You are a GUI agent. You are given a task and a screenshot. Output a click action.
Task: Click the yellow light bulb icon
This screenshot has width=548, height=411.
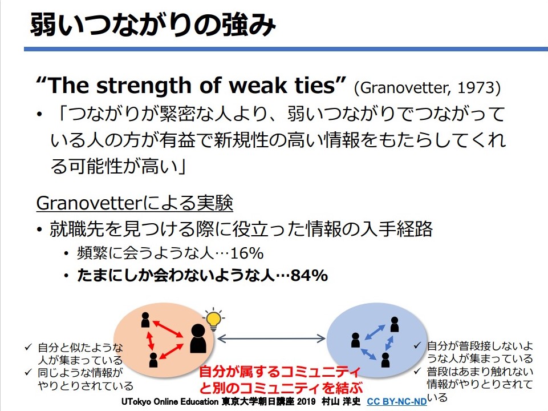pos(213,319)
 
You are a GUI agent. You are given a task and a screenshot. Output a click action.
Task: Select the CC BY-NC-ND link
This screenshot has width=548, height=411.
pos(397,401)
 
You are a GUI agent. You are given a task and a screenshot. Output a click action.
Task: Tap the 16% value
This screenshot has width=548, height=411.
pos(247,253)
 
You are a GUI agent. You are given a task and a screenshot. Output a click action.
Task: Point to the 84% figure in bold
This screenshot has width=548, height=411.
pos(309,276)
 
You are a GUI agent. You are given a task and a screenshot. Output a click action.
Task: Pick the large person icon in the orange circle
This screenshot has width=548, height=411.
pos(198,339)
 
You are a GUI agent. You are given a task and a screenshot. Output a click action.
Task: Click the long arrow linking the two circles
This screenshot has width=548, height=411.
pos(271,339)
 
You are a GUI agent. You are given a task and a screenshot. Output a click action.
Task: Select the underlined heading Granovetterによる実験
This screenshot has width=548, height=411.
pos(135,203)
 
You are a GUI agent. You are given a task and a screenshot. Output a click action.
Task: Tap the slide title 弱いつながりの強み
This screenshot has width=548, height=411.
pos(153,25)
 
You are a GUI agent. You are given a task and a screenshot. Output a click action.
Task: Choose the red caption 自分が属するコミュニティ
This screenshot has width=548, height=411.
pos(280,372)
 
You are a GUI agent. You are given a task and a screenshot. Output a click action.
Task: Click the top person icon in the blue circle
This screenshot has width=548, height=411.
pos(395,324)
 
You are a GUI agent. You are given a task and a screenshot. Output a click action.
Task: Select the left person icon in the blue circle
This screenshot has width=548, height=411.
pos(355,340)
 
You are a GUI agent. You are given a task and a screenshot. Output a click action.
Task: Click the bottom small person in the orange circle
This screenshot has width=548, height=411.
pos(153,360)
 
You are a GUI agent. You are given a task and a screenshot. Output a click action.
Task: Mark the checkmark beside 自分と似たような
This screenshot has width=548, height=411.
pos(29,347)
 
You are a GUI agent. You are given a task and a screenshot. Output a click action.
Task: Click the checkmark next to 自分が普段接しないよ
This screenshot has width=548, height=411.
pos(417,345)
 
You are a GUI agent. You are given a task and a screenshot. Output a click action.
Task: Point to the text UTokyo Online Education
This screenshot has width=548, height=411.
pos(170,401)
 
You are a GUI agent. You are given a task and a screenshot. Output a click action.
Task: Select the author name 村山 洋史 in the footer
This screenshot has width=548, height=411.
pos(341,401)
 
